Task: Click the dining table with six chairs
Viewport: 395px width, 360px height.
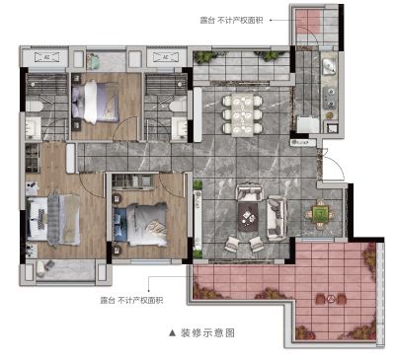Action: tap(243, 114)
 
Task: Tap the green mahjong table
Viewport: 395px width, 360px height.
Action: tap(320, 214)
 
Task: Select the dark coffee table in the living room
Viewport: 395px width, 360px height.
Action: tap(248, 216)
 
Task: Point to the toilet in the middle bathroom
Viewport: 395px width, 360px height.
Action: tap(178, 107)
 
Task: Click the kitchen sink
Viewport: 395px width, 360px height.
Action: tap(329, 67)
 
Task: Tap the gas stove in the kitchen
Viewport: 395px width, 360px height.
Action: tap(330, 99)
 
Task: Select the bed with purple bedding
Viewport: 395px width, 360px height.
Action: tap(95, 102)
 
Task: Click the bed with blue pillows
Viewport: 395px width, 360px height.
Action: tap(140, 225)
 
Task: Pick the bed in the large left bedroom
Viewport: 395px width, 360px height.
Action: tap(52, 218)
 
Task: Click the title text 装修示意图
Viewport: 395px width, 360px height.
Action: tap(207, 333)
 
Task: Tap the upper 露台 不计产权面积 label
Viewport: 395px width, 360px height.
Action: tap(231, 20)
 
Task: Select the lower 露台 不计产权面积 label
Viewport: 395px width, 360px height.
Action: tap(131, 301)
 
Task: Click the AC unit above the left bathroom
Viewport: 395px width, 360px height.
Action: tap(46, 57)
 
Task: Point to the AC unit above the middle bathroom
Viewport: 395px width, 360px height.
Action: tap(166, 57)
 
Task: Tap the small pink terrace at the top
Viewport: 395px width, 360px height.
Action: tap(308, 22)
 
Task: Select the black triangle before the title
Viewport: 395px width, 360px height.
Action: tap(172, 333)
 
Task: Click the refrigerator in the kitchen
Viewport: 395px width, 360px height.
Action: tap(308, 124)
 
